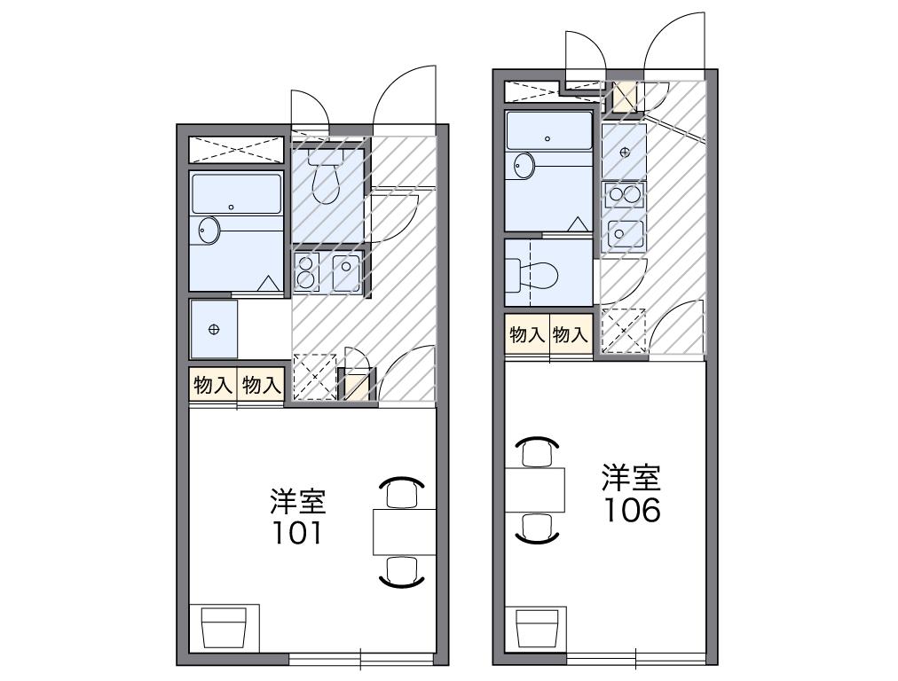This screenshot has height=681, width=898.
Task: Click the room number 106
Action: coord(632,510)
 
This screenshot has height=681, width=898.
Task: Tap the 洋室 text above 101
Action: coord(298,501)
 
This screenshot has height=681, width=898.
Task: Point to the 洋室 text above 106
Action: coord(632,478)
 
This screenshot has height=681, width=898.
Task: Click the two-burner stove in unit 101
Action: coord(307,271)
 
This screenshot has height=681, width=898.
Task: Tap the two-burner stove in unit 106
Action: coord(625,196)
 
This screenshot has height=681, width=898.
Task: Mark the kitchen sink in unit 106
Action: coord(625,234)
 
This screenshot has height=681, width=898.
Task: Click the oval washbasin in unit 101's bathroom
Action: coord(209,231)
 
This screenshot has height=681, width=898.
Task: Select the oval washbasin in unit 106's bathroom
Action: coord(524,166)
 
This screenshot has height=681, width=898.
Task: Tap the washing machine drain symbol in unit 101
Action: coord(213,330)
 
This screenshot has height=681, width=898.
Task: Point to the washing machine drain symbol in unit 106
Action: coord(625,152)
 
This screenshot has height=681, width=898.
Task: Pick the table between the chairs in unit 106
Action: coord(536,489)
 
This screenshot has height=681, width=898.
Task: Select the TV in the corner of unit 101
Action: coord(223,630)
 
